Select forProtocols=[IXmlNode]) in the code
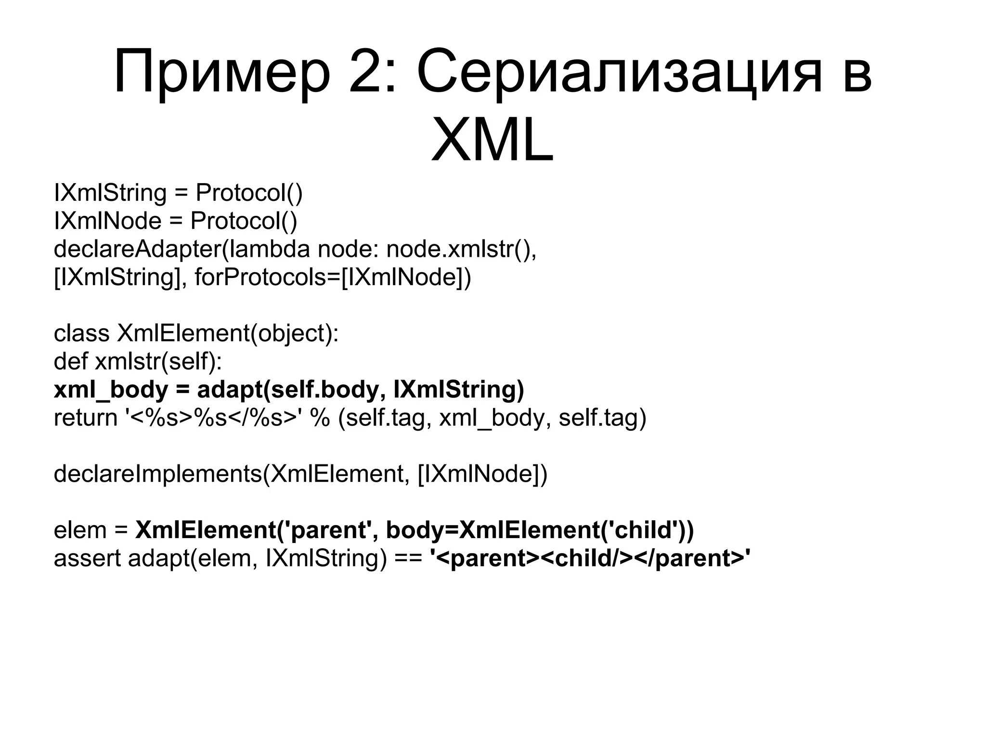tap(333, 277)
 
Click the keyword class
tap(81, 333)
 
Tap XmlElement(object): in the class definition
tap(228, 333)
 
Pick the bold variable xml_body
tap(111, 389)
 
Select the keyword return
tap(85, 417)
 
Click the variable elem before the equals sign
tap(80, 530)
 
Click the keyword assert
tap(87, 558)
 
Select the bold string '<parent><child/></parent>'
tap(590, 558)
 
